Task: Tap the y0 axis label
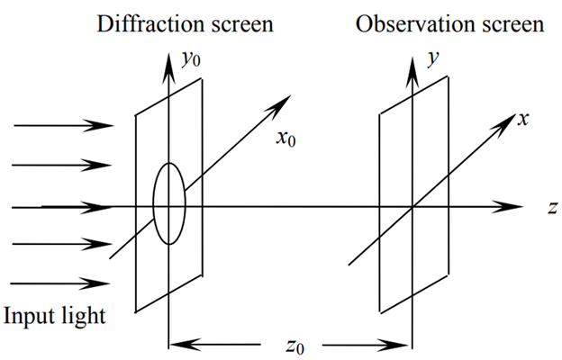click(190, 60)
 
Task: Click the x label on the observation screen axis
click(521, 120)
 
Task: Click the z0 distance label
click(291, 346)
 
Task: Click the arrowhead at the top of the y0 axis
click(168, 58)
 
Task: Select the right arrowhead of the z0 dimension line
click(403, 343)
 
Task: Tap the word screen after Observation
click(510, 23)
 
